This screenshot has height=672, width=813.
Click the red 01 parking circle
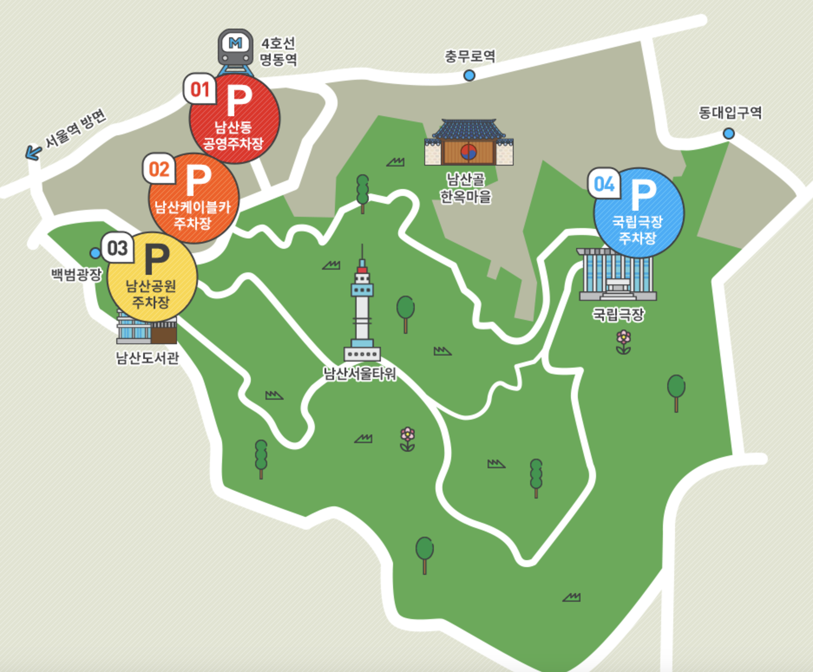[x=234, y=119]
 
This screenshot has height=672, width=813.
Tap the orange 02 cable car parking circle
[x=193, y=199]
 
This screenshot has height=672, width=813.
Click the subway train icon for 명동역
[x=235, y=49]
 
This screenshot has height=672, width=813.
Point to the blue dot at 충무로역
[x=469, y=75]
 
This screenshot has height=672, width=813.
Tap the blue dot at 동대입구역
[x=728, y=133]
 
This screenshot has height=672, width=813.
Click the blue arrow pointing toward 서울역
[x=33, y=153]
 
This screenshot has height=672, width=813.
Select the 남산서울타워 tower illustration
[x=362, y=308]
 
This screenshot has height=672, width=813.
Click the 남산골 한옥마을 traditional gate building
[x=469, y=143]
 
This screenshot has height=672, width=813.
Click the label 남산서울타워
[x=360, y=373]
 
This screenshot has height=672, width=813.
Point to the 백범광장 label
[x=76, y=274]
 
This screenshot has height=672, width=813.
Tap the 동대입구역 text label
[x=730, y=113]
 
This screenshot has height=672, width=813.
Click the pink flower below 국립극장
[x=623, y=342]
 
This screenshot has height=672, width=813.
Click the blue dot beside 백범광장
[x=95, y=253]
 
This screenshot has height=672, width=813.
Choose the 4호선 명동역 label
[x=278, y=51]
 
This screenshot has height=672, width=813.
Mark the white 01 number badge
[x=200, y=89]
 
